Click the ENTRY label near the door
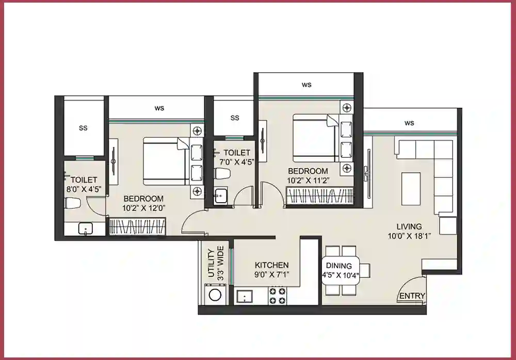click(x=412, y=296)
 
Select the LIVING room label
click(x=409, y=226)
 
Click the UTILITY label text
click(x=211, y=264)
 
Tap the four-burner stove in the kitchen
click(x=278, y=295)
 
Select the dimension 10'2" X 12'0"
click(x=143, y=208)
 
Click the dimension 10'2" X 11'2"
click(x=308, y=181)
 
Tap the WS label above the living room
click(x=409, y=123)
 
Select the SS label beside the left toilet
click(x=83, y=128)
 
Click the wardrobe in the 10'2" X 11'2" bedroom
click(x=320, y=197)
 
